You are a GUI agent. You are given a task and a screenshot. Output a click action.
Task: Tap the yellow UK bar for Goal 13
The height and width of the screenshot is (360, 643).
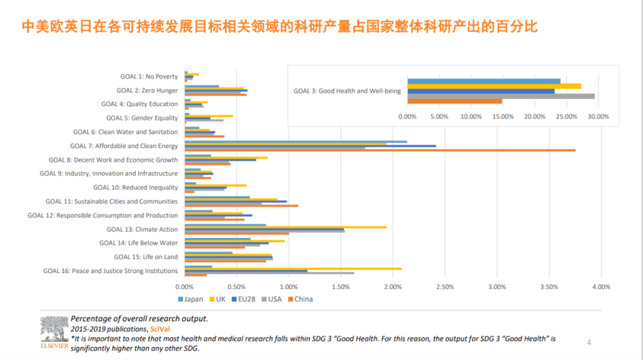(x=286, y=227)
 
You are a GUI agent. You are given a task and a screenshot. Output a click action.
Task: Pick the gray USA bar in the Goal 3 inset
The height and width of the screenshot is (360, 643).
(x=501, y=96)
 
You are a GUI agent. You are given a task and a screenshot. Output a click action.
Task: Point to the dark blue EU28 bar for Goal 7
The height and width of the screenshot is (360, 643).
(x=310, y=146)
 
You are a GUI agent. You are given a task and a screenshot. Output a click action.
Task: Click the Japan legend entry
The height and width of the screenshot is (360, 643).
(x=191, y=299)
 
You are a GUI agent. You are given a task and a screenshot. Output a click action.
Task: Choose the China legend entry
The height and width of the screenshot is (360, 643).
(x=300, y=299)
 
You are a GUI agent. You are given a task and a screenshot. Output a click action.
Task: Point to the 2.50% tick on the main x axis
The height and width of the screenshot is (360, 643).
(x=445, y=287)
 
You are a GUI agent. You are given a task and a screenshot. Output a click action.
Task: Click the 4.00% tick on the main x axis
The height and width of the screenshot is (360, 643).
(x=601, y=287)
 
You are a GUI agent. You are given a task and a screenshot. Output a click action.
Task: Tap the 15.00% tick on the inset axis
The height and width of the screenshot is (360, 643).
(x=502, y=117)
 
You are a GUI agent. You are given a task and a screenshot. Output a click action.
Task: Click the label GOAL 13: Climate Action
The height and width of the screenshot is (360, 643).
(x=142, y=229)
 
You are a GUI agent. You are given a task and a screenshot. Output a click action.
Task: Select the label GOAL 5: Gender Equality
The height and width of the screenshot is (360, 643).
(x=142, y=118)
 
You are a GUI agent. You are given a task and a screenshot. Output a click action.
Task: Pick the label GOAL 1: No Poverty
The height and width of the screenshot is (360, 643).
(x=149, y=76)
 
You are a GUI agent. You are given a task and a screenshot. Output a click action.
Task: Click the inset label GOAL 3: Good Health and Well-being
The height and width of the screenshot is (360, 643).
(x=347, y=91)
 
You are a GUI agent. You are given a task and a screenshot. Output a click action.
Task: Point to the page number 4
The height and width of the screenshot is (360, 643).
(x=589, y=342)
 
